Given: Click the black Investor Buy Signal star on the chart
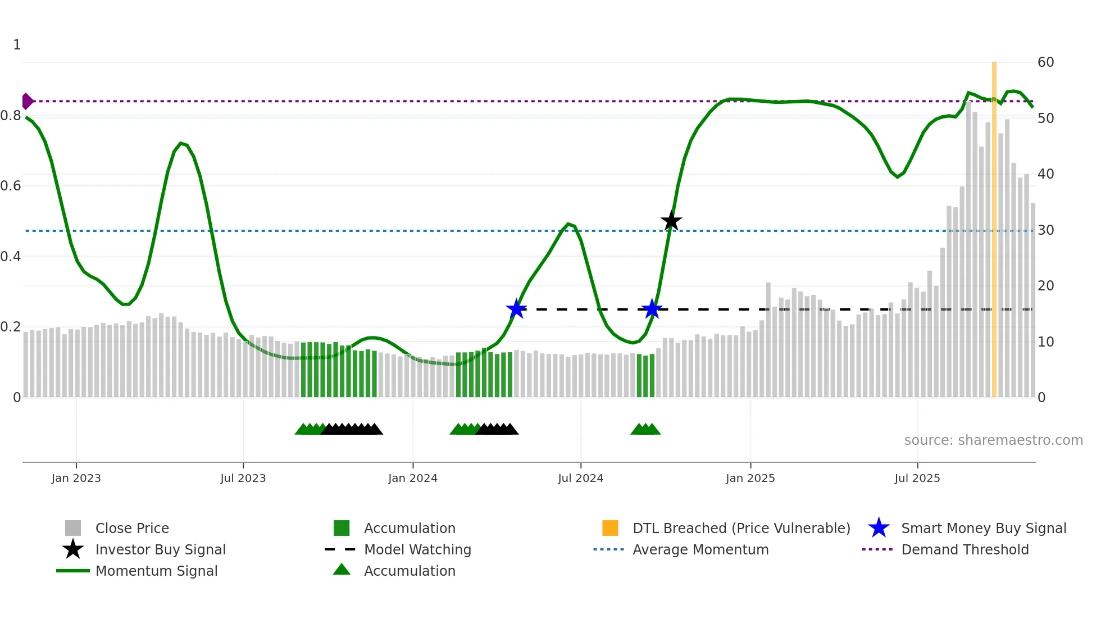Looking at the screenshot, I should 671,221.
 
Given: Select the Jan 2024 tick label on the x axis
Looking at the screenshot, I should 412,479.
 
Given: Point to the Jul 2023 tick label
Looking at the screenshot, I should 243,479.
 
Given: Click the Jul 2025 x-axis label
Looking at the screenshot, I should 917,479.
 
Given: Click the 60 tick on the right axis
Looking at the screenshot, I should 1045,62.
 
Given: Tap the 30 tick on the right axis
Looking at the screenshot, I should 1045,230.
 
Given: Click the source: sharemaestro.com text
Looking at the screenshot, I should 993,440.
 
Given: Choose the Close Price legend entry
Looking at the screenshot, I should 132,529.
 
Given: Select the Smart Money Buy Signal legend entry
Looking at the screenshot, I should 983,529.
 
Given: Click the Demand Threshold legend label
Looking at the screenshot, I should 964,550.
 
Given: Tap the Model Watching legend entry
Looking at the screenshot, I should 417,550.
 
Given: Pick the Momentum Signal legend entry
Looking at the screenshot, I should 156,571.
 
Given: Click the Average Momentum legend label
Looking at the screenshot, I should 700,550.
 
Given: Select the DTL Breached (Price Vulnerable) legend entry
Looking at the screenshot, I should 741,529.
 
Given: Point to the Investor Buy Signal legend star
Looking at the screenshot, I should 73,549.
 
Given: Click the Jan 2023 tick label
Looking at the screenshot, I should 76,479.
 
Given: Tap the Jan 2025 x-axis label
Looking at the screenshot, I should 750,479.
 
